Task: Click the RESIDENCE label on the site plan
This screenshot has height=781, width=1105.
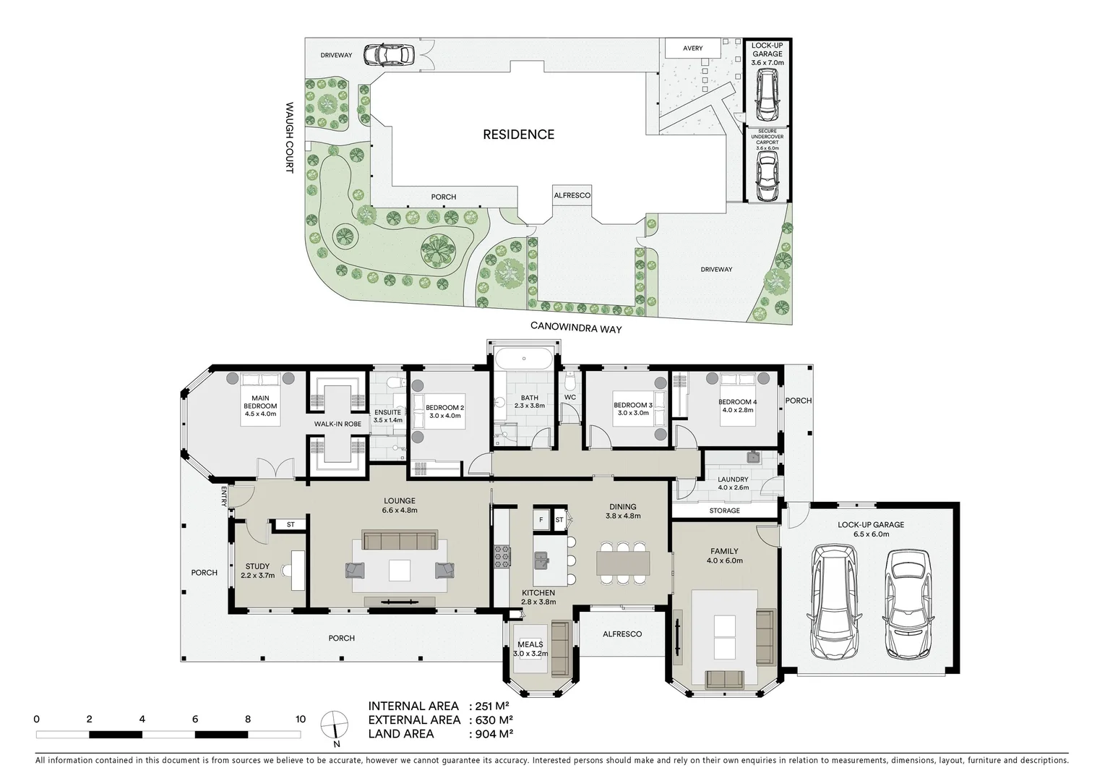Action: tap(518, 135)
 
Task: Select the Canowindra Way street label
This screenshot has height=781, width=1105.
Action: tap(576, 327)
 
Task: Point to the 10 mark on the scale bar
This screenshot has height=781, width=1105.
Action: tap(301, 720)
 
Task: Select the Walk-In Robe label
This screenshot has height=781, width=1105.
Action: tap(337, 424)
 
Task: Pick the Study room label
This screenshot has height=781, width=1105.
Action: tap(257, 571)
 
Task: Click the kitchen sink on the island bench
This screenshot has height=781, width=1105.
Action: tap(541, 559)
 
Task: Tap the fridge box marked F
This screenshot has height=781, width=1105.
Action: tap(540, 520)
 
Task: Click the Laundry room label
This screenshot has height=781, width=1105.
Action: tap(733, 483)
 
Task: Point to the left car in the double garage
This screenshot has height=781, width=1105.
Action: tap(834, 602)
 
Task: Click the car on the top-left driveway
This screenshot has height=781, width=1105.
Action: tap(388, 55)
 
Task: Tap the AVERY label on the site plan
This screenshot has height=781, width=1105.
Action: tap(692, 48)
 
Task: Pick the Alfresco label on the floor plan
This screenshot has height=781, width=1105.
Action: tap(622, 634)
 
